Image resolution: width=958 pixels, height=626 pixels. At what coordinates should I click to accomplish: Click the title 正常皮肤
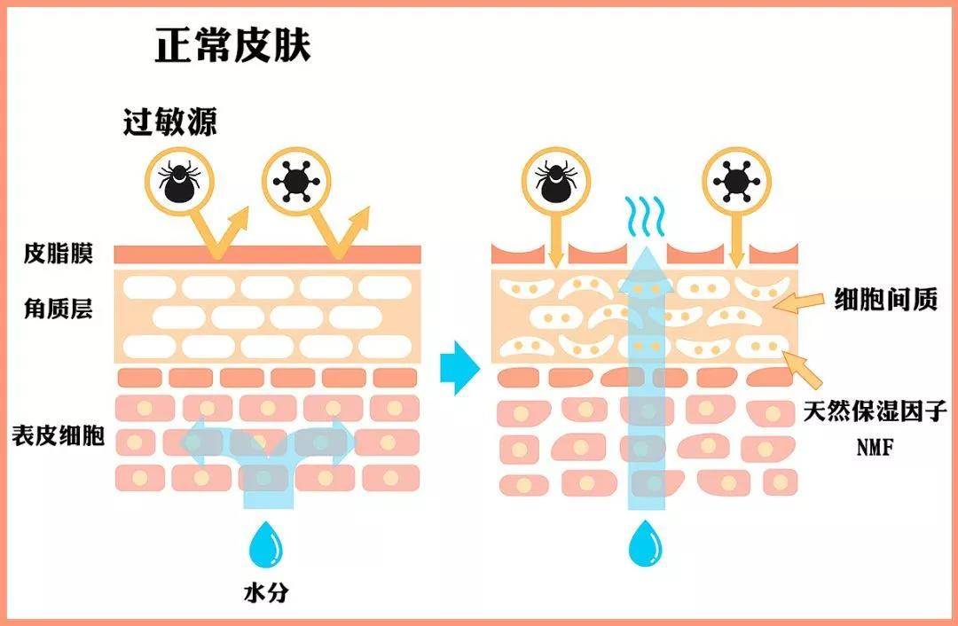233,45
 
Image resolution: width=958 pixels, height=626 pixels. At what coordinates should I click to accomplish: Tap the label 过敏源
169,122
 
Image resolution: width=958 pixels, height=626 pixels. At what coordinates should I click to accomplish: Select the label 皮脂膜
58,254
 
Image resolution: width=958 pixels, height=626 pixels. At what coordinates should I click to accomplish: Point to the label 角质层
58,309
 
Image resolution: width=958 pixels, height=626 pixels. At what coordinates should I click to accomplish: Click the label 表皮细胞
58,435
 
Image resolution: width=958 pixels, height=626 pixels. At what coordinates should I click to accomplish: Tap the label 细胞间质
885,301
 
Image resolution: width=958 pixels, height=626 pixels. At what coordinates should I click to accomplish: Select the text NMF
875,449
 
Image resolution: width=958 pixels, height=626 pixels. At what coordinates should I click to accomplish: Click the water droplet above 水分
265,544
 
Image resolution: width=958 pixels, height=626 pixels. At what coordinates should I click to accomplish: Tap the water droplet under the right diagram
642,544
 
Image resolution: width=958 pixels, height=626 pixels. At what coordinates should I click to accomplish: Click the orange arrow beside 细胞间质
801,303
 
